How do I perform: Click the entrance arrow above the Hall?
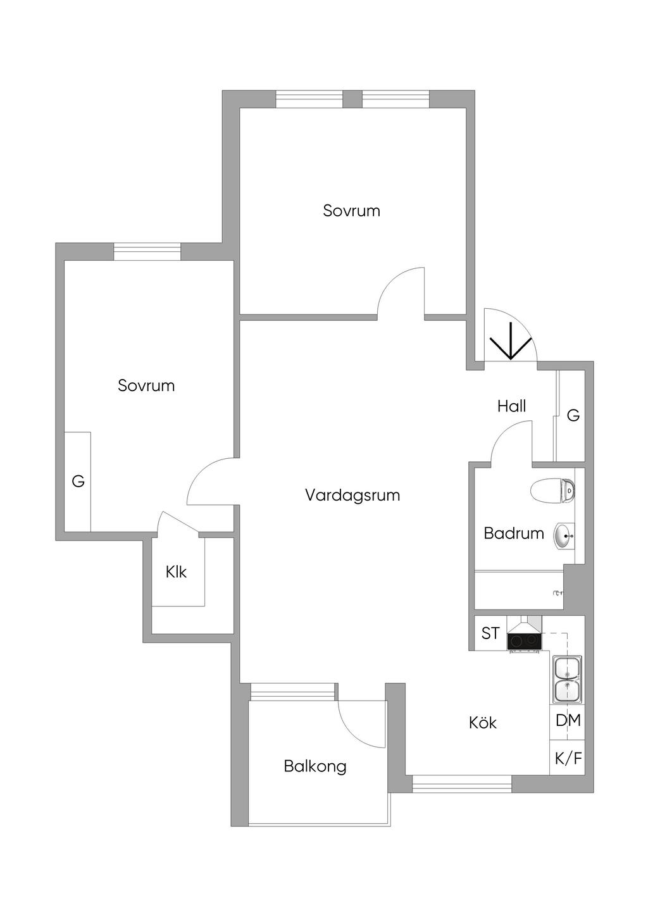pos(511,345)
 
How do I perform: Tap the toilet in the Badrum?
pos(554,490)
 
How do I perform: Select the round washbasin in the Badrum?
pos(564,536)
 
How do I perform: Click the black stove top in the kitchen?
pos(524,641)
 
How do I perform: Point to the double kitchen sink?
pos(567,679)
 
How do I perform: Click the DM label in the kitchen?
pos(568,720)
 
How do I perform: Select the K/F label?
pos(568,758)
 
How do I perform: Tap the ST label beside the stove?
pos(490,633)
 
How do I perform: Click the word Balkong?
pos(315,766)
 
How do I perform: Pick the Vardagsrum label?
pos(352,495)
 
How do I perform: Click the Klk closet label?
pos(176,572)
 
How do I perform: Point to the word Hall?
pos(511,406)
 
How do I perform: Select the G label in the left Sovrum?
pos(78,482)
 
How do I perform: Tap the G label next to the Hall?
pos(573,416)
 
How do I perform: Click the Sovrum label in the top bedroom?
pos(351,211)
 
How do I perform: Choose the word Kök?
pos(483,723)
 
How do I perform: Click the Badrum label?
pos(513,533)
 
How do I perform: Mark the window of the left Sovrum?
pos(147,252)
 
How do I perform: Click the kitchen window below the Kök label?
pos(461,784)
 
